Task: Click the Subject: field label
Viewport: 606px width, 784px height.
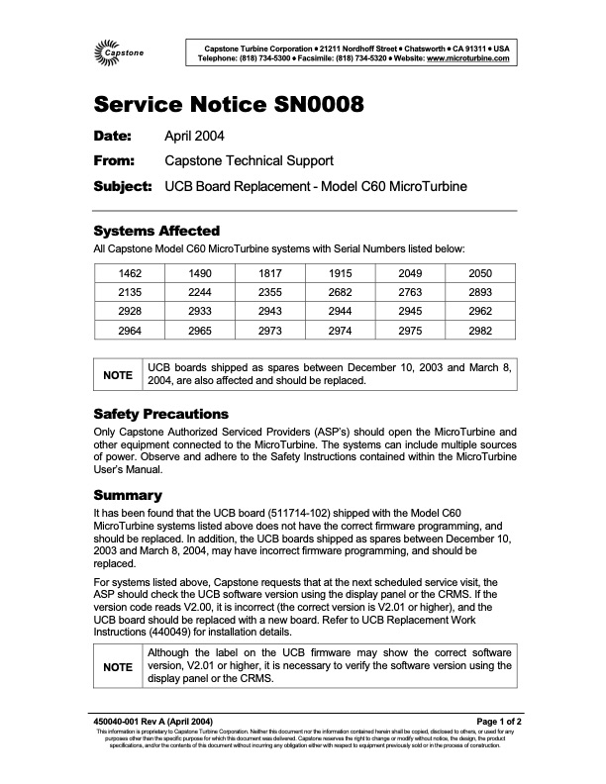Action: click(x=122, y=185)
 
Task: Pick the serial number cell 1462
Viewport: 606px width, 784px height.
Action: click(x=131, y=273)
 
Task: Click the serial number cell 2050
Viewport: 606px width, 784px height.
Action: click(x=478, y=273)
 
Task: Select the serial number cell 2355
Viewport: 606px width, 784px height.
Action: click(x=269, y=292)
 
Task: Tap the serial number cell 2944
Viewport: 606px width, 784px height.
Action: click(x=339, y=311)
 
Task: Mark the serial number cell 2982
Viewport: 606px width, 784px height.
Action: click(x=478, y=330)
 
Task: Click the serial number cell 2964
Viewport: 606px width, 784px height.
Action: click(x=131, y=330)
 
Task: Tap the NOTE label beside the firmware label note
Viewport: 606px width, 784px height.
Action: click(x=118, y=668)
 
